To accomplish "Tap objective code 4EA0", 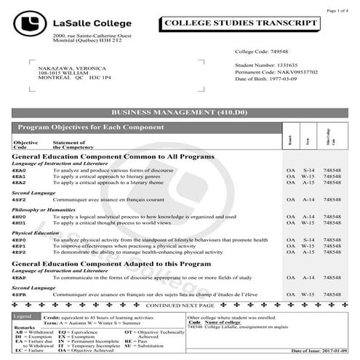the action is [x=19, y=169].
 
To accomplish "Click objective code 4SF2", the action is [x=19, y=199].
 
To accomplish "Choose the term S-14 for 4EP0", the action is [x=308, y=239].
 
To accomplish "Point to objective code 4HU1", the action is [x=19, y=223].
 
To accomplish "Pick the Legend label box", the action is [x=23, y=316].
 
